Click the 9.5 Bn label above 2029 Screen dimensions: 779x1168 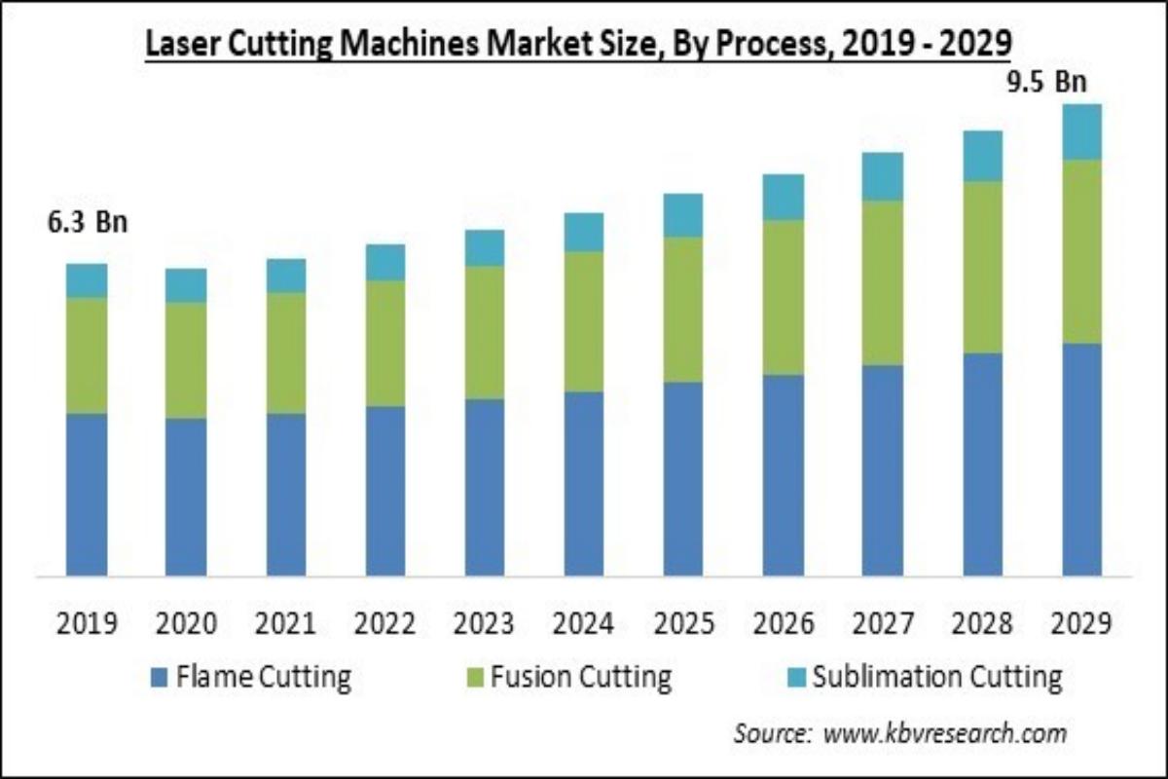pos(1044,83)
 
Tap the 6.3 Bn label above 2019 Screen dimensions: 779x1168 pos(88,223)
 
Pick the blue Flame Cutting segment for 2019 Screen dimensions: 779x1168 pos(87,494)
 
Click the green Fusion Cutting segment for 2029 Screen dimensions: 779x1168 pos(1081,251)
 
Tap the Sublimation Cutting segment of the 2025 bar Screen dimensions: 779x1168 pos(683,215)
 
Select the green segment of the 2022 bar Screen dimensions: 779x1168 pos(385,343)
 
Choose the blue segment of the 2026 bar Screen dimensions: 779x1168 pos(783,474)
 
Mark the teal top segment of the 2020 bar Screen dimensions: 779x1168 pos(186,285)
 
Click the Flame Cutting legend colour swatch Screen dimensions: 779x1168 pos(160,676)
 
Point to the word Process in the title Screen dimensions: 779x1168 pos(750,44)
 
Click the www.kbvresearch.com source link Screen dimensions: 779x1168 pos(944,732)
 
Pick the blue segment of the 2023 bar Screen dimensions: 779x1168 pos(485,487)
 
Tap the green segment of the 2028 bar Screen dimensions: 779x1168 pos(982,267)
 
